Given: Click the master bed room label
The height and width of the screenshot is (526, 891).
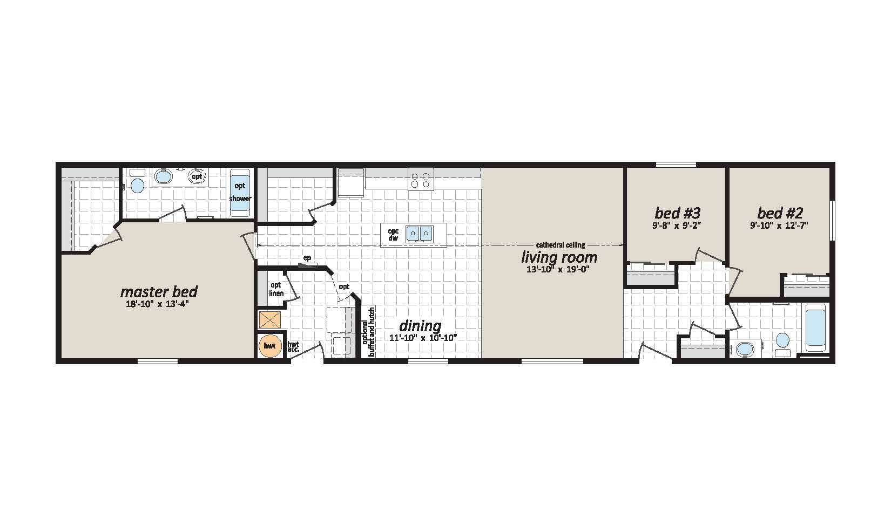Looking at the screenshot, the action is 159,292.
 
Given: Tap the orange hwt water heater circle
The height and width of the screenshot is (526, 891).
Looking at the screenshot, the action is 269,346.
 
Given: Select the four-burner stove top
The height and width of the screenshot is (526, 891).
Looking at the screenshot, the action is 421,180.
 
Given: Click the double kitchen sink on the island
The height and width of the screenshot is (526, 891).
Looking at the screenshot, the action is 419,234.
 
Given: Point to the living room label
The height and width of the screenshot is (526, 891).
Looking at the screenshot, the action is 559,257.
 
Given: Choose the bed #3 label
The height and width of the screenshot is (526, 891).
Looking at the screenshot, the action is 677,213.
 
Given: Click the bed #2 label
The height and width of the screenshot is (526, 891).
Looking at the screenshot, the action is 780,213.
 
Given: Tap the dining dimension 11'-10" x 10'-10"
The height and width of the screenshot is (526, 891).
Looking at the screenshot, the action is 423,338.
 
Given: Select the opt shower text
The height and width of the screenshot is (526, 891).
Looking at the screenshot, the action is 240,192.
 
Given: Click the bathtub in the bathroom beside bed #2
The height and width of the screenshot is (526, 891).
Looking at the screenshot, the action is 816,328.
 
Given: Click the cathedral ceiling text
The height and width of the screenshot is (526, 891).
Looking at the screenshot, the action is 561,245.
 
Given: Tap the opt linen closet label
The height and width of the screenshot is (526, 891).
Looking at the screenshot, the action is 276,289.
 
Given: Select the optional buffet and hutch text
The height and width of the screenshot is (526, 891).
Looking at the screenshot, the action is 369,332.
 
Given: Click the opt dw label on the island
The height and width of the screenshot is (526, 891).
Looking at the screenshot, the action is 393,234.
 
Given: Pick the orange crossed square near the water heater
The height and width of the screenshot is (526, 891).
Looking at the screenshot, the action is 269,320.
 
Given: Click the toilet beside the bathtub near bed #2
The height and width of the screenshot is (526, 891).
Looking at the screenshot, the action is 783,344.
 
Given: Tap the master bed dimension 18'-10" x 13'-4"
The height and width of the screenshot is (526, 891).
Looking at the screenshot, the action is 157,305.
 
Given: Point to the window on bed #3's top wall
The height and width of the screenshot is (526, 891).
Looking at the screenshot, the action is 676,165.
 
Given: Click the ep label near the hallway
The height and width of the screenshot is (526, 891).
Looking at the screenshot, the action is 307,258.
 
